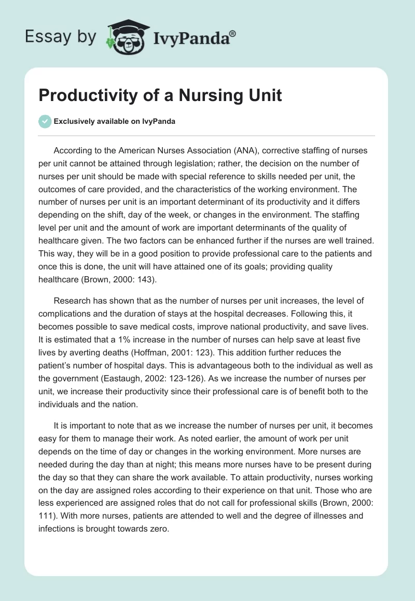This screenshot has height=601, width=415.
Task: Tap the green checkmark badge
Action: click(45, 122)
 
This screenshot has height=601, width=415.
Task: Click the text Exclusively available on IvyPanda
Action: click(114, 122)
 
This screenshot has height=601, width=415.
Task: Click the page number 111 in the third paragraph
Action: click(46, 516)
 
